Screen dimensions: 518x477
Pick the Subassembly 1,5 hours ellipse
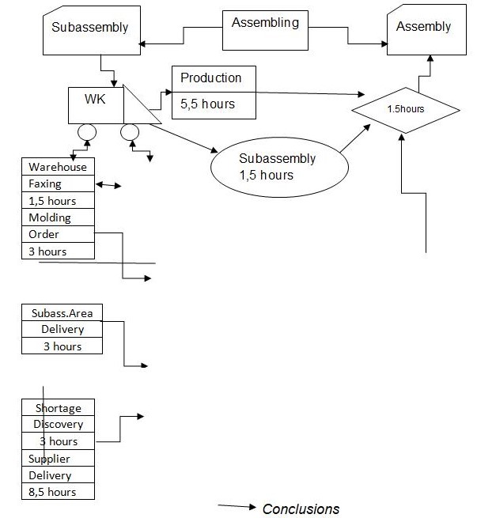pos(270,166)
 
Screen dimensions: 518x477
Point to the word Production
pos(210,78)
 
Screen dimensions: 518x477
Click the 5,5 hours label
pos(207,104)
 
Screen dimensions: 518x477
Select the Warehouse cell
pos(58,167)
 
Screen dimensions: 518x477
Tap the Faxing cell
pos(44,184)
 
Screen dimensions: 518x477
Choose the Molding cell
pos(50,217)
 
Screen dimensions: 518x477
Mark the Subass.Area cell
pos(62,312)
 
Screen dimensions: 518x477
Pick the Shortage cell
pos(58,407)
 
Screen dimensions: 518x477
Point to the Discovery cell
pos(58,424)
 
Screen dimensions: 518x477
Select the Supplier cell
pos(49,458)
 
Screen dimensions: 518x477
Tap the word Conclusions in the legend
pos(301,509)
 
